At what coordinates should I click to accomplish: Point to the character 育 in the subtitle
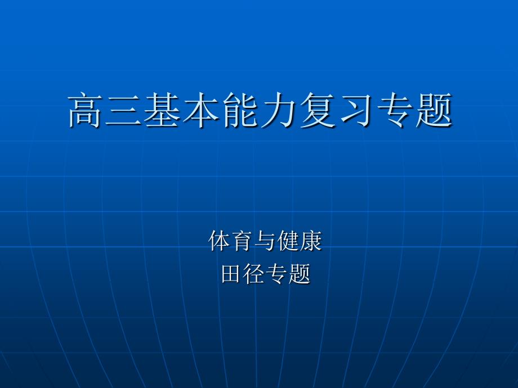click(242, 241)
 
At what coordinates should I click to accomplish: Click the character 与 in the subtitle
click(265, 241)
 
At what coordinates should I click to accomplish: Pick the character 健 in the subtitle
click(288, 241)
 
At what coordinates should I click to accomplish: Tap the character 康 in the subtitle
click(311, 241)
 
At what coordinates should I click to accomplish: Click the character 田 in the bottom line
click(231, 273)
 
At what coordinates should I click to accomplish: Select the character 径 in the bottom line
click(254, 273)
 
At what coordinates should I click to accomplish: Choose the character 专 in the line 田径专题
click(277, 273)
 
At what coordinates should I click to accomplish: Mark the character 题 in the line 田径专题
click(300, 273)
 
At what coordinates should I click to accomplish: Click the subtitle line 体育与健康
click(265, 241)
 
